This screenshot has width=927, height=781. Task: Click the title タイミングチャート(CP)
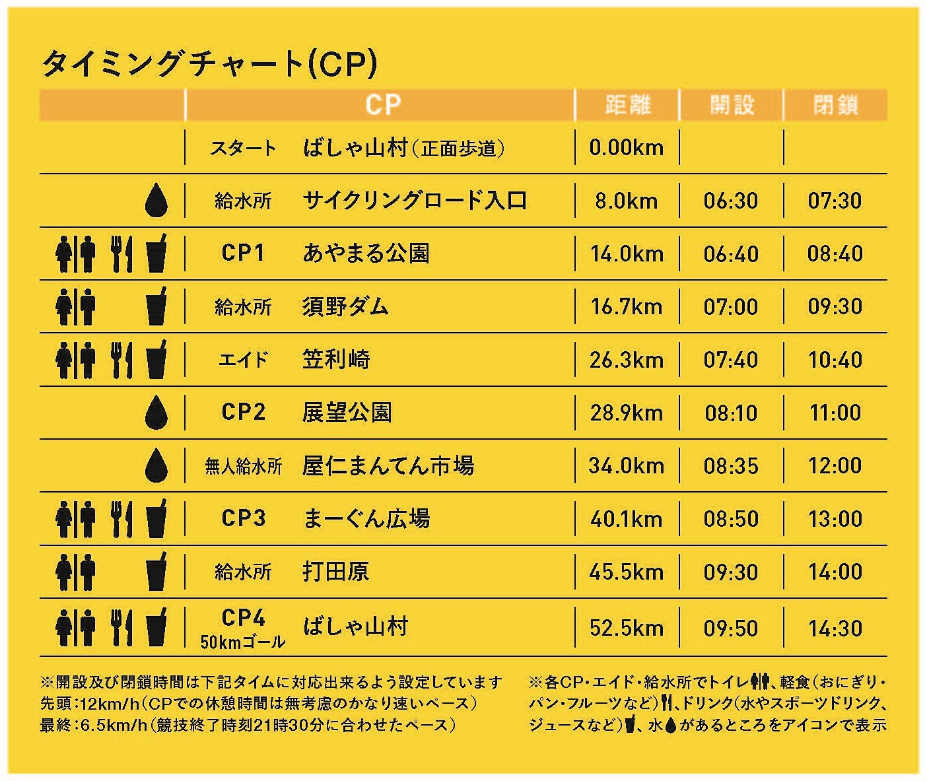click(209, 64)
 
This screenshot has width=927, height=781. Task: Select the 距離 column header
click(627, 105)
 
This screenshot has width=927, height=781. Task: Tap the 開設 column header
click(732, 105)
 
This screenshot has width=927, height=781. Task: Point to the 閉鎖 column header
click(835, 105)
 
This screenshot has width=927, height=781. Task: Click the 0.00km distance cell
click(626, 147)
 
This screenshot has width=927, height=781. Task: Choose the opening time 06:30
click(731, 201)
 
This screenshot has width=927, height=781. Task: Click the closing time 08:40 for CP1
click(835, 254)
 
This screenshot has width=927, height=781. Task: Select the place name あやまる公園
click(366, 254)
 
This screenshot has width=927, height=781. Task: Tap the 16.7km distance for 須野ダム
click(626, 306)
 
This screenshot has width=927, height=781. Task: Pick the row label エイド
click(243, 360)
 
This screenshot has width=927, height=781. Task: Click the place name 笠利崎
click(336, 360)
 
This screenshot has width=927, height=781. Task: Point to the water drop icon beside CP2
click(156, 413)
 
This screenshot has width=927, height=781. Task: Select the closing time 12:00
click(835, 466)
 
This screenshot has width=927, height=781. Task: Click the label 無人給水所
click(243, 467)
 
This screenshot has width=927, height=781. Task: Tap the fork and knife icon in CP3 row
click(121, 519)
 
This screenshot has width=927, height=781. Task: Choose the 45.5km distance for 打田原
click(626, 572)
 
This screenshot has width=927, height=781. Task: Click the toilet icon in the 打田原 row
click(75, 572)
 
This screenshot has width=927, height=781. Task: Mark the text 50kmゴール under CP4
click(243, 642)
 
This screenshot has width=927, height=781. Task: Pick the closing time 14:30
click(835, 628)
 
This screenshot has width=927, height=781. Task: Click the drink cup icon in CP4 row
click(156, 627)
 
